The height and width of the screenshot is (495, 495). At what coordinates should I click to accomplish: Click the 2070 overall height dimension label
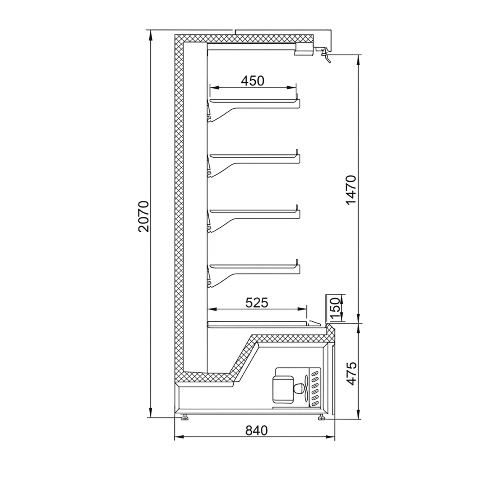coord(143,216)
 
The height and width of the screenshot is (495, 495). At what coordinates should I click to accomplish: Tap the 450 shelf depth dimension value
coord(252,81)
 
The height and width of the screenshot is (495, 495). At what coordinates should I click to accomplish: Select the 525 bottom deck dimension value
coord(257,302)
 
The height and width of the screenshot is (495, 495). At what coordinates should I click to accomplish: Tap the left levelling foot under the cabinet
coord(184,418)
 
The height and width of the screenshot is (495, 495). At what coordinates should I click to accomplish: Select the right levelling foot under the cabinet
coord(321,418)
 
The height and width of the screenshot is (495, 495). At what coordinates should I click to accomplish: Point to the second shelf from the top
coord(254,157)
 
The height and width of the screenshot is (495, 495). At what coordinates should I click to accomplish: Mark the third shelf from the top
coord(254,213)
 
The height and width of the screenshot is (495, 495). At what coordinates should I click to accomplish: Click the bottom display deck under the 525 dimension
coord(258,323)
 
